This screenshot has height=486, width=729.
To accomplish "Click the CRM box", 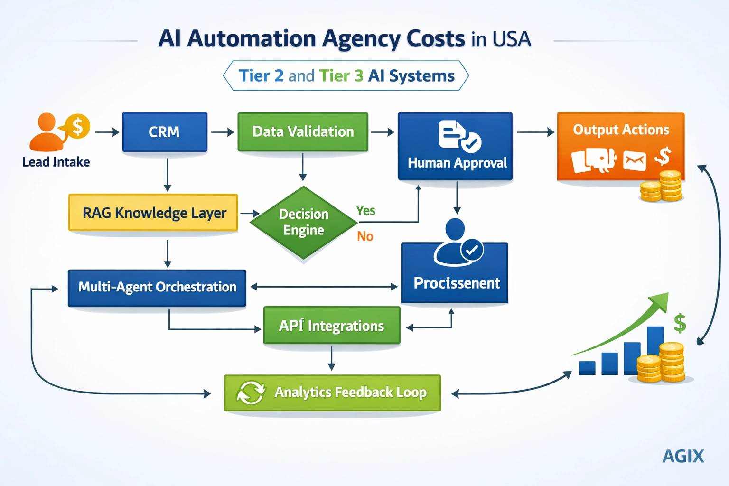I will point(165,132).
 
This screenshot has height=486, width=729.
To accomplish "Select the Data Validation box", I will point(303,132).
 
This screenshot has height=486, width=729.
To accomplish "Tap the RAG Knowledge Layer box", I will point(153,213).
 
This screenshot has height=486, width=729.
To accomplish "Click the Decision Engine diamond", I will point(303,222).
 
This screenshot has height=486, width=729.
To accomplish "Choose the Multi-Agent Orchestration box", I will point(157,288).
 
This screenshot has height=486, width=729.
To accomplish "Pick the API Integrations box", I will point(332,326).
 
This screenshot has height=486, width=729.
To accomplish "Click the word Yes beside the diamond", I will point(365,210).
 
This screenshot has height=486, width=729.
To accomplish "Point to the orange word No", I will point(365,236).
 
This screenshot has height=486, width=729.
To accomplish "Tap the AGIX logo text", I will point(682,457).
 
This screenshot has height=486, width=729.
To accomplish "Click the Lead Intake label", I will point(56,162).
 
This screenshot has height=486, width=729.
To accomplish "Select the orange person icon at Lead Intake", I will point(47,132).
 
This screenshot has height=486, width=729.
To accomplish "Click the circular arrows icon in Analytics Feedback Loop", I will point(251,393).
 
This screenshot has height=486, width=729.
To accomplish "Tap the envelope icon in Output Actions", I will point(635,160).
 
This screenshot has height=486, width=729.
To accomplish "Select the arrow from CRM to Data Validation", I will point(222,132).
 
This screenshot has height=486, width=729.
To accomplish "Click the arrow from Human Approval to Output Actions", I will point(535,132).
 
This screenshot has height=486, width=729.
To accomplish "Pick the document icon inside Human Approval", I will point(451,134).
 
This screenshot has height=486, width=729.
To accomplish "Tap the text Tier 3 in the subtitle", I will point(341,76).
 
